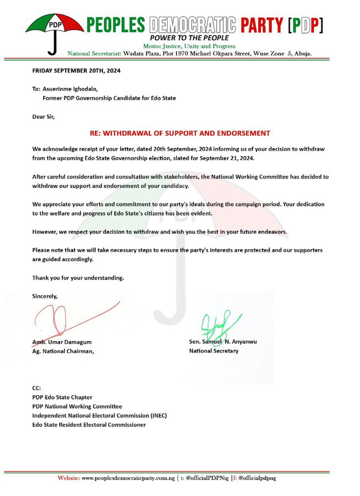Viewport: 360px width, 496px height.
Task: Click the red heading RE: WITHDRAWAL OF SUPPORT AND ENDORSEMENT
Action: [x=180, y=133]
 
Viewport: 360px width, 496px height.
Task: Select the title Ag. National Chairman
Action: [x=63, y=352]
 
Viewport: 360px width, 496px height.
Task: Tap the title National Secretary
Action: [x=214, y=351]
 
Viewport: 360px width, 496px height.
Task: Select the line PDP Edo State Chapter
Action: [x=62, y=397]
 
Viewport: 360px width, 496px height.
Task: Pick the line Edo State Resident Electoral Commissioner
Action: [x=89, y=425]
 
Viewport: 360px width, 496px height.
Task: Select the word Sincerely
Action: [x=45, y=296]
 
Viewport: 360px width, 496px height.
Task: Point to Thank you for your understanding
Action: [x=78, y=278]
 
